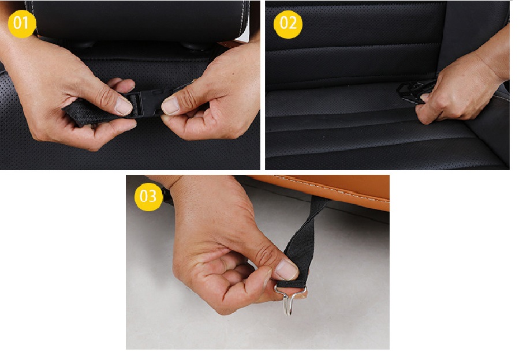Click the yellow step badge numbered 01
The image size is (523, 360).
22,23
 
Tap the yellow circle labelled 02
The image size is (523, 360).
288,23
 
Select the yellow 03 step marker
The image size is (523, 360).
148,196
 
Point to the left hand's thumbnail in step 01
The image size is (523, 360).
124,106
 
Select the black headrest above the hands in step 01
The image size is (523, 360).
140,20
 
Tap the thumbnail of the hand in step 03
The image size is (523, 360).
286,269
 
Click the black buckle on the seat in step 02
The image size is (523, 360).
414,91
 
